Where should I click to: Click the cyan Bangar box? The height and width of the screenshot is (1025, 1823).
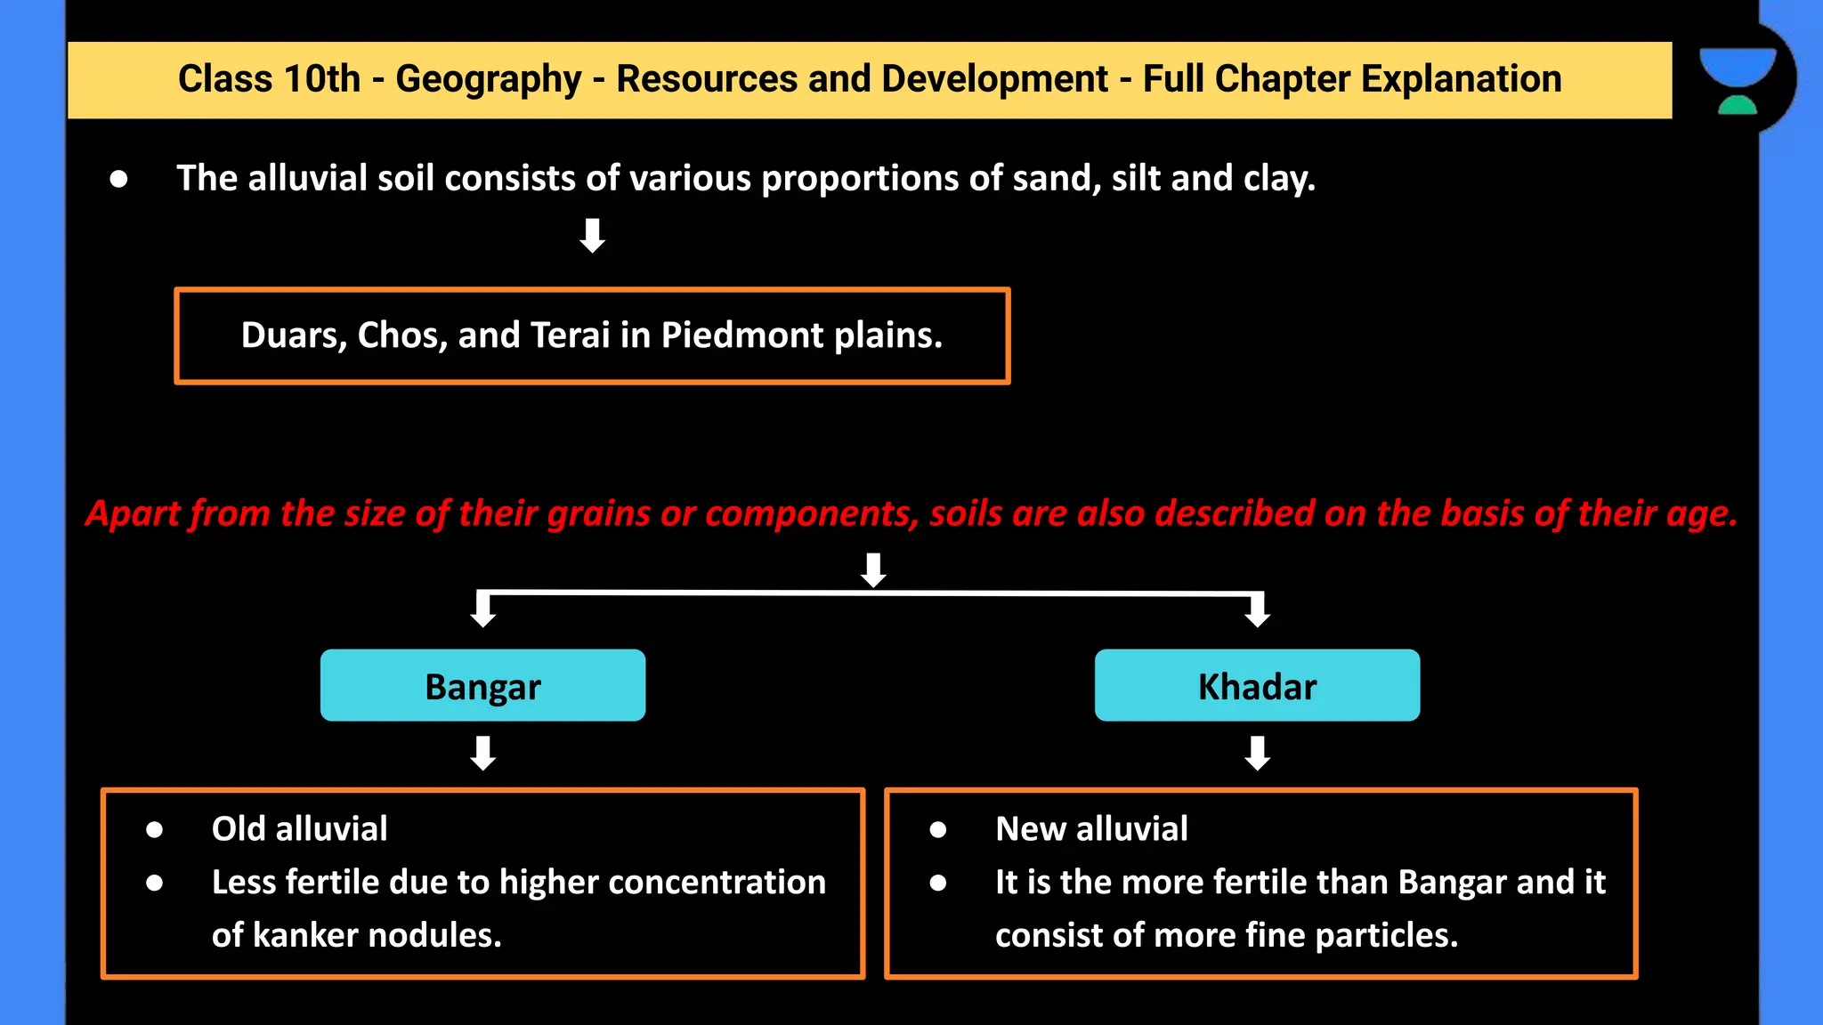[482, 685]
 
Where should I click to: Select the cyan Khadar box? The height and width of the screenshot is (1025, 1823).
[1257, 685]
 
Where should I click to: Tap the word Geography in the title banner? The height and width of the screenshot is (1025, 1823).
[488, 79]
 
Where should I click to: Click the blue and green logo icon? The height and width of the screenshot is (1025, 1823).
[1738, 80]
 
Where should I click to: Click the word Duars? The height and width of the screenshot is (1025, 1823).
[292, 335]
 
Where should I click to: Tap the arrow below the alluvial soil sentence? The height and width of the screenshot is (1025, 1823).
[592, 236]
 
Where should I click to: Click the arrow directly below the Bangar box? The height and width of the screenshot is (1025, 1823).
[482, 753]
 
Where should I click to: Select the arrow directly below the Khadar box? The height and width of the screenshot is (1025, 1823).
[1257, 753]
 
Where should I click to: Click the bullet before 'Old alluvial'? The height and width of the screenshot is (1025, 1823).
[155, 830]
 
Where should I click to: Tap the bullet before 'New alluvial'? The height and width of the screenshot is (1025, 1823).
[938, 830]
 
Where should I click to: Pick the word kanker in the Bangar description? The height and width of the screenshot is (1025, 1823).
[306, 935]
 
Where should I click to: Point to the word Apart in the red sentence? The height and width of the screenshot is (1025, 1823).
[133, 514]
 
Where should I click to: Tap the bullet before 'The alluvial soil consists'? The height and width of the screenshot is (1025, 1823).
[118, 180]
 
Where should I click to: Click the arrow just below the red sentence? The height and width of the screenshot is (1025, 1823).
[873, 569]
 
